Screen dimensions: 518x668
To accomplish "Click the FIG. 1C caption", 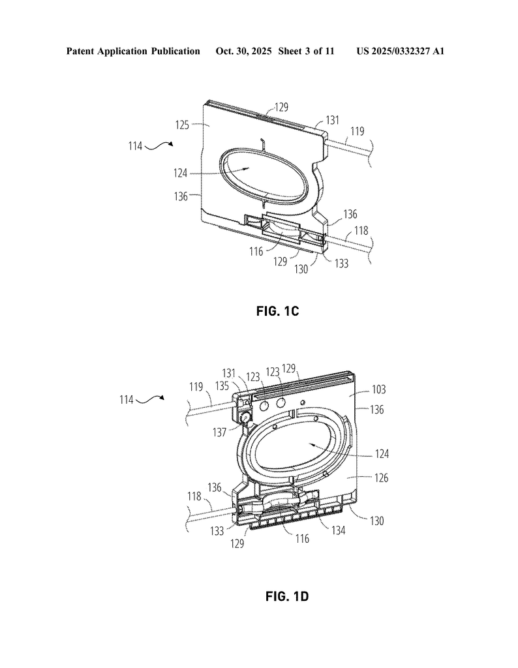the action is pos(278,311).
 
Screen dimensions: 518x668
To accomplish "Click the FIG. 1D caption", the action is pos(287,596).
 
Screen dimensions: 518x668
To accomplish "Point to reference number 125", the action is pos(182,125).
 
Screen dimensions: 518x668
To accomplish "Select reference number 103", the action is pos(378,389).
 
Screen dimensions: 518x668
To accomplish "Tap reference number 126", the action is pos(381,478).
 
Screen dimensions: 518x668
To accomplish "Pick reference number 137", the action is pos(220,433).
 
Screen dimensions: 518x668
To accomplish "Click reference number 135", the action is pos(222,386).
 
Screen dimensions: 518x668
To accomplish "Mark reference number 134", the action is pos(338,530).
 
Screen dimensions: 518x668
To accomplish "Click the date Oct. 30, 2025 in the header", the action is pos(243,52).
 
